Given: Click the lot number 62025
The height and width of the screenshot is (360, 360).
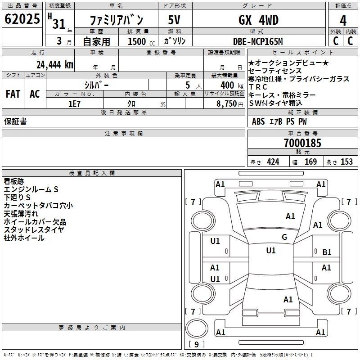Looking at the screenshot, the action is [x=22, y=19].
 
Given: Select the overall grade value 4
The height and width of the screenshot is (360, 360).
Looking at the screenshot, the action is [x=343, y=21].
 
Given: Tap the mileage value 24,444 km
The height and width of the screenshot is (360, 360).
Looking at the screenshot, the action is [x=55, y=65].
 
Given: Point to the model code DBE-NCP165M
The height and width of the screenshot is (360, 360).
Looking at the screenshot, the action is [x=258, y=41].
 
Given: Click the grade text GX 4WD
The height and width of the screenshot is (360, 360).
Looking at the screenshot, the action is [x=258, y=20].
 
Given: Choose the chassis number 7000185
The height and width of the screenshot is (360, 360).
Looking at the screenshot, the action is [x=302, y=143].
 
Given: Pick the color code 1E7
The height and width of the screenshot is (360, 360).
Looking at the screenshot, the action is [x=75, y=104].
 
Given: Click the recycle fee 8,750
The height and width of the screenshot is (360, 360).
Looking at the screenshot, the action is [x=227, y=104].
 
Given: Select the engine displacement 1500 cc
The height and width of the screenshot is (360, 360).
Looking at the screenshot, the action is [x=141, y=42].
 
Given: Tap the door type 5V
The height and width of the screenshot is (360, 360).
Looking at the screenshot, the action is [x=174, y=20].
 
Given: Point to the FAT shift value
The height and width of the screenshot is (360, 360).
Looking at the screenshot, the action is [x=13, y=94].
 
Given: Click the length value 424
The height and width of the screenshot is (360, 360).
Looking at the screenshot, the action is [x=273, y=162].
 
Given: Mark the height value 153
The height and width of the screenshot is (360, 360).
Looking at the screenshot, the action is [x=346, y=162].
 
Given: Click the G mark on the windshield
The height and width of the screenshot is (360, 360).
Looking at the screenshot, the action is [x=284, y=237].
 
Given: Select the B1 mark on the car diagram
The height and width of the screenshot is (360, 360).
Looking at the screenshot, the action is [x=327, y=252].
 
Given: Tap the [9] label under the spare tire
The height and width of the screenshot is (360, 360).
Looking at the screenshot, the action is [x=197, y=344].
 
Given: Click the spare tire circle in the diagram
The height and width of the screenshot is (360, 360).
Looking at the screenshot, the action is [x=197, y=328].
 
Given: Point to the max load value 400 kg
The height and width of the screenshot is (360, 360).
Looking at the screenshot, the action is [x=232, y=85].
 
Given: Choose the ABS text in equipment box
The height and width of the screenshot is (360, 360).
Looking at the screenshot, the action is [x=258, y=121].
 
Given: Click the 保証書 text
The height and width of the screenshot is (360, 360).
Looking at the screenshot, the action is [x=15, y=121].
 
